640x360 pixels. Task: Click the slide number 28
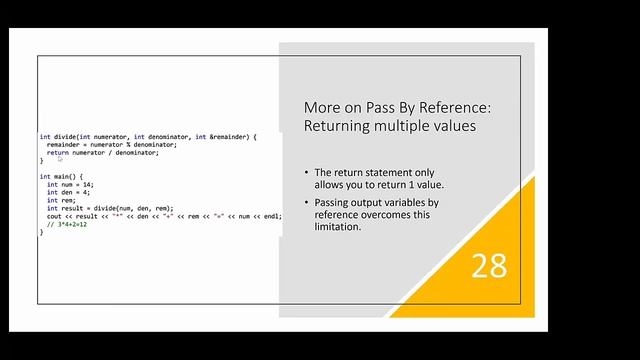pyautogui.click(x=489, y=265)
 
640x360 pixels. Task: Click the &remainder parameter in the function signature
pyautogui.click(x=218, y=136)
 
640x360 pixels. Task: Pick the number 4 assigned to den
pyautogui.click(x=83, y=192)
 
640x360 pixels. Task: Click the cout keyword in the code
pyautogui.click(x=55, y=216)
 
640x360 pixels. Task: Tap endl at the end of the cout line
pyautogui.click(x=269, y=216)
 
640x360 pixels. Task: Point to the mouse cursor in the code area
pyautogui.click(x=60, y=159)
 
